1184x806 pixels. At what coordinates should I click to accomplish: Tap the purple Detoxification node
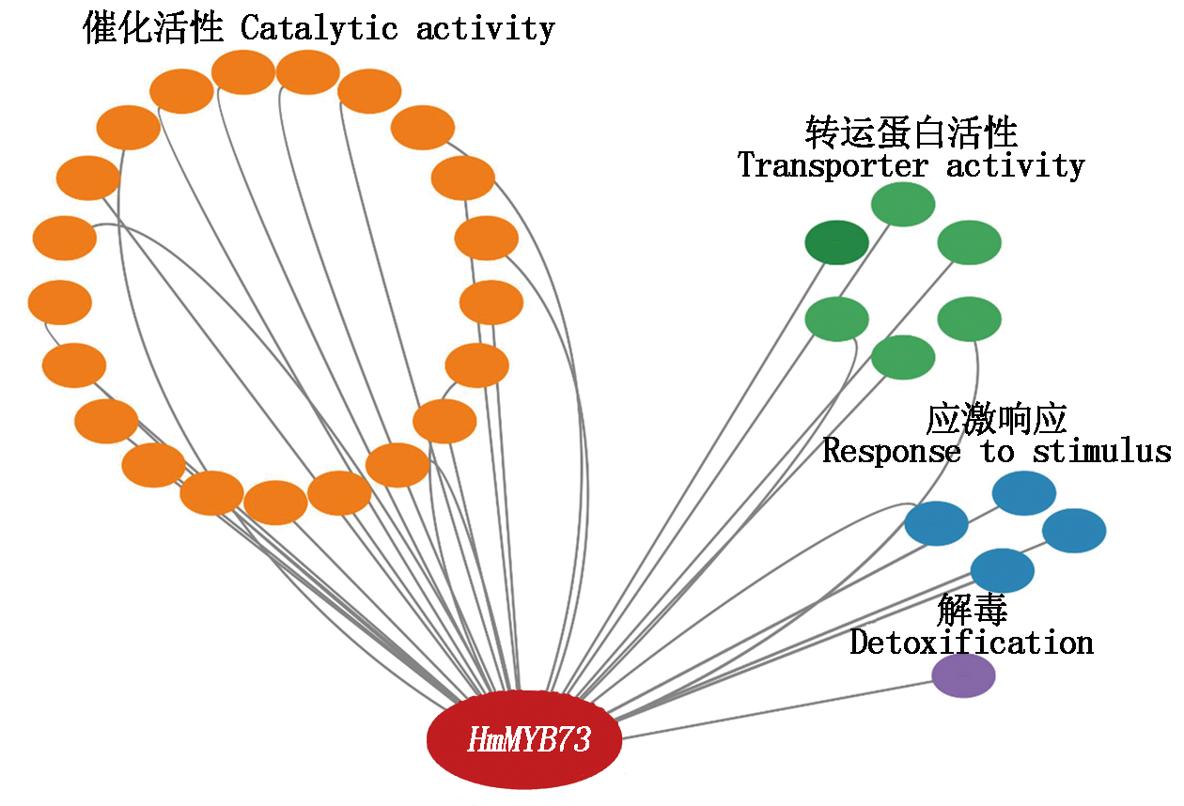point(963,676)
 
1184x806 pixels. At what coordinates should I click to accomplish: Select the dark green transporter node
point(836,243)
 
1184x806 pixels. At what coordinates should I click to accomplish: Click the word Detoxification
point(972,643)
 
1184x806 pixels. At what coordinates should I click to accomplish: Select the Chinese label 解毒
point(972,611)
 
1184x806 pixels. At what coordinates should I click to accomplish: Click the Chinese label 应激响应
point(996,419)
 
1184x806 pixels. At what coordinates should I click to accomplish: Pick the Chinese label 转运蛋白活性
point(911,133)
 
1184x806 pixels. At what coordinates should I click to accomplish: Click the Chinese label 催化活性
point(153,28)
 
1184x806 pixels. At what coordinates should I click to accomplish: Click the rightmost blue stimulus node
point(1074,531)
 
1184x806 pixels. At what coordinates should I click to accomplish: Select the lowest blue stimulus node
point(1002,571)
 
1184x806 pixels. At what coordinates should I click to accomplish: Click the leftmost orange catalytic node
point(59,302)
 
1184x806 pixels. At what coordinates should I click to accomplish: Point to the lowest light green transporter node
point(903,358)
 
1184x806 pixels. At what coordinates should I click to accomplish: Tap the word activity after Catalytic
point(485,28)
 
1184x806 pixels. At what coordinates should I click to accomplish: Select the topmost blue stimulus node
point(1023,493)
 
